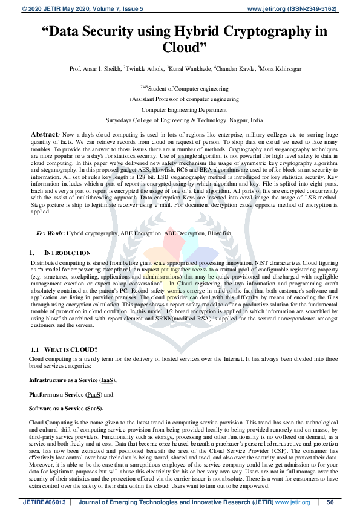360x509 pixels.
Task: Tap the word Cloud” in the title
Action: (185, 47)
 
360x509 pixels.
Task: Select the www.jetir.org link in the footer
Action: (294, 502)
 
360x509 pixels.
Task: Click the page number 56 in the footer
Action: (330, 502)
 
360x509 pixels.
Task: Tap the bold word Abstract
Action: (44, 133)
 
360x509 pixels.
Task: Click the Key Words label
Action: (50, 233)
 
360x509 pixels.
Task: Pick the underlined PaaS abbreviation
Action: (94, 394)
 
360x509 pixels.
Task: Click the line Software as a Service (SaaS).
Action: (65, 409)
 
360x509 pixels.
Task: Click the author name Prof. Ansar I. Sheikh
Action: (95, 70)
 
